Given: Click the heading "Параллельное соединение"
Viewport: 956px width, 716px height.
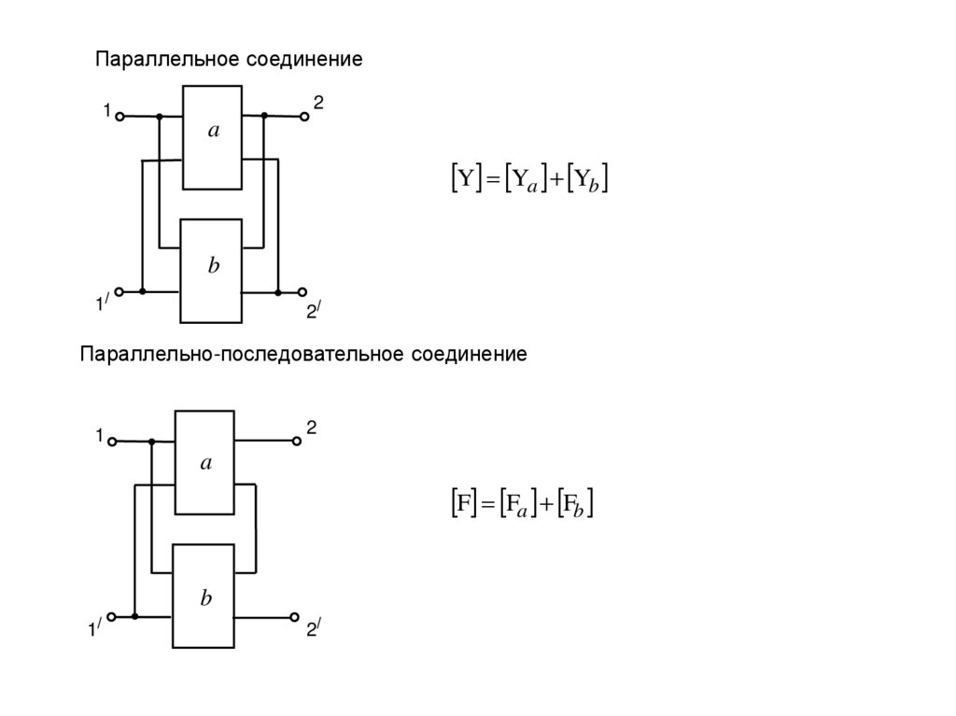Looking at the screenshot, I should tap(229, 60).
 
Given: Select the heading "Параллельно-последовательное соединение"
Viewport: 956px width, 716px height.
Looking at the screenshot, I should tap(303, 355).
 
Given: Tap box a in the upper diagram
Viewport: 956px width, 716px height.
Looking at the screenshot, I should tap(213, 137).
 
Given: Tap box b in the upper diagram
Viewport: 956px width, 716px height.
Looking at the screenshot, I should tap(213, 270).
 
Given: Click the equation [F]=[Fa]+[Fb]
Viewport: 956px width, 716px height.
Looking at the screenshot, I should tap(517, 505).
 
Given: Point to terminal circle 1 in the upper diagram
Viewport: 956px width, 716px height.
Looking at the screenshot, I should tap(119, 116).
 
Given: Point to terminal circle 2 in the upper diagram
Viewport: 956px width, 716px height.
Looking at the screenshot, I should tap(304, 117).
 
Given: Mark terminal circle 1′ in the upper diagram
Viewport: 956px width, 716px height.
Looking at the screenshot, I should tap(119, 291).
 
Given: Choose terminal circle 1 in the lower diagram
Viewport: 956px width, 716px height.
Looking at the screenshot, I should tap(111, 442).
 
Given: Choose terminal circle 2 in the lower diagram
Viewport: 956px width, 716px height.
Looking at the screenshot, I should tap(295, 442).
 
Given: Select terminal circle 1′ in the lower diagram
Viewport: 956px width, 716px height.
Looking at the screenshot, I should tap(111, 617).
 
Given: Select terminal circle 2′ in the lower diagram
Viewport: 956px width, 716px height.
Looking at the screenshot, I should tap(295, 617).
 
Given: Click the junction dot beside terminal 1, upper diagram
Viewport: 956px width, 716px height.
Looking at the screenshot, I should tap(160, 117).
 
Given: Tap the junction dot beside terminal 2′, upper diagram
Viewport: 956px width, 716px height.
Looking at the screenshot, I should tap(278, 292).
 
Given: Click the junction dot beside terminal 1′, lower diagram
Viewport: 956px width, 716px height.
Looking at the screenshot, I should tap(135, 617).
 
